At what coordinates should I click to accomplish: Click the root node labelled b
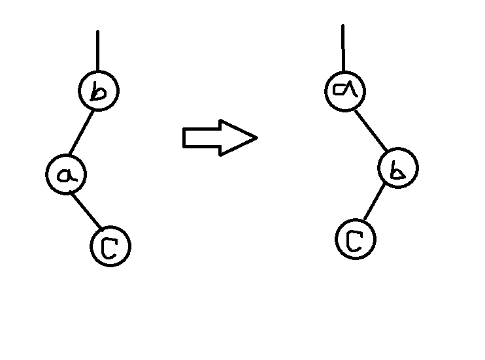coord(98,91)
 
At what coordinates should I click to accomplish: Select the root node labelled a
coord(344,91)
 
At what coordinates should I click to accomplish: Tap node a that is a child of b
coord(66,174)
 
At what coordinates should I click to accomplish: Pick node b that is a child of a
coord(397,169)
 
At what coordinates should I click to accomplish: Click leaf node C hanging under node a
coord(110,246)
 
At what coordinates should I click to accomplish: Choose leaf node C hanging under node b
coord(356,239)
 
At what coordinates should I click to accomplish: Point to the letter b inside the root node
coord(98,92)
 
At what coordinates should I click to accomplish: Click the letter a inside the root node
coord(344,91)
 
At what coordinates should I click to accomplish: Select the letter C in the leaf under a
coord(110,247)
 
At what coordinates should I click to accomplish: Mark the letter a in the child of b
coord(66,174)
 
